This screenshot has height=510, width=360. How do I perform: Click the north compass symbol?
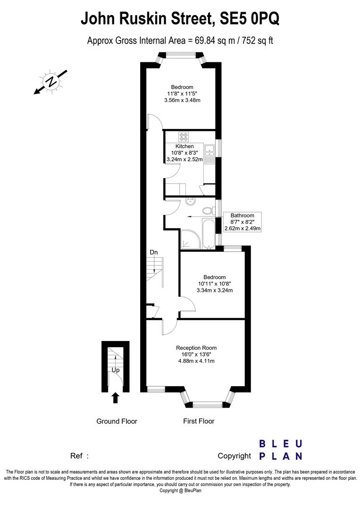point(50,81)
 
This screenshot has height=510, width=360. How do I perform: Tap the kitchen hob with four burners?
point(184,136)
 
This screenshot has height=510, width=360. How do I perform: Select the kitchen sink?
point(210,154)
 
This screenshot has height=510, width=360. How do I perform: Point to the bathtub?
point(208,234)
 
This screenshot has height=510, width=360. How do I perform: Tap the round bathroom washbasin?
point(191,201)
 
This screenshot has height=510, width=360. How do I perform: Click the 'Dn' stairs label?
point(154,252)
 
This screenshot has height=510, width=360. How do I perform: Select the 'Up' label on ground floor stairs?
point(116,370)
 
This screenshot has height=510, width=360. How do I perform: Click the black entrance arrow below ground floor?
point(115,398)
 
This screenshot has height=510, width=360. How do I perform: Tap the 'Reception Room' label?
point(196,348)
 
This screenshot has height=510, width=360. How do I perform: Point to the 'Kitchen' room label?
point(184,146)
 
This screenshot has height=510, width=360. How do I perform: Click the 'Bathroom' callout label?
point(243,215)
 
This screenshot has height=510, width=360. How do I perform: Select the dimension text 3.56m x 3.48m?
point(182,100)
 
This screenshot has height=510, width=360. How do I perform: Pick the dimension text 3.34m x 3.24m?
point(215,290)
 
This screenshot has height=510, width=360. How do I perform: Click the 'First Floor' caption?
point(199,421)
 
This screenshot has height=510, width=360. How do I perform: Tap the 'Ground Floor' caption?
point(117,421)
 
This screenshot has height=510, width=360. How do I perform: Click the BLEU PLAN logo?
point(281,450)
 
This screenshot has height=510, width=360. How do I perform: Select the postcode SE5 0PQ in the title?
point(250,18)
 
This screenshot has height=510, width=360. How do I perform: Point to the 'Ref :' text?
point(79,456)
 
